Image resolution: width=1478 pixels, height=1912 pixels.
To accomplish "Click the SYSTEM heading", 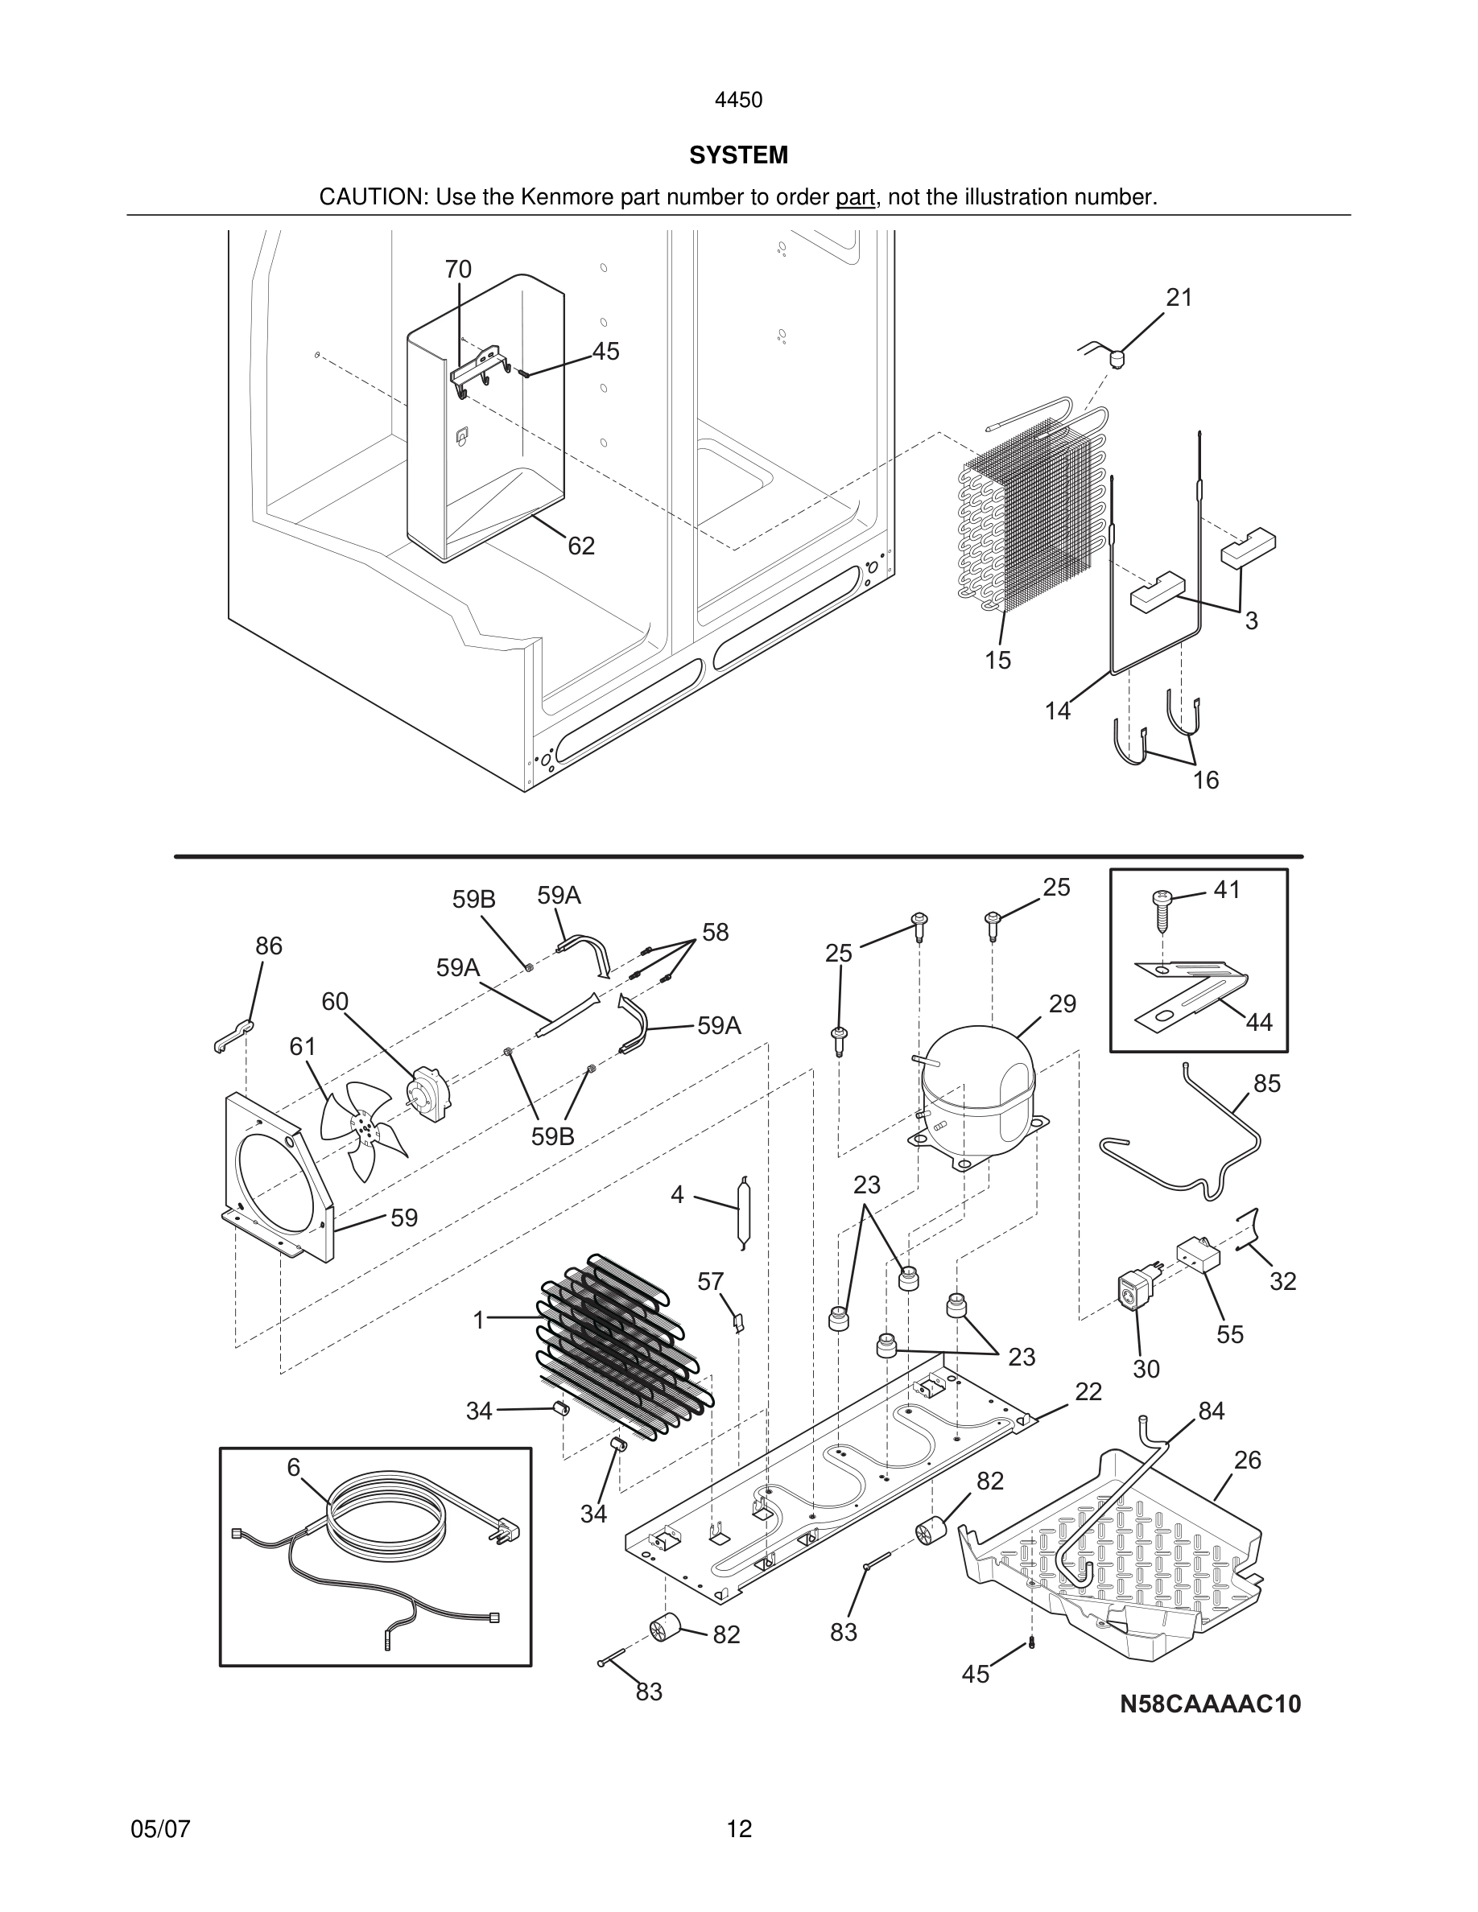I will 738,155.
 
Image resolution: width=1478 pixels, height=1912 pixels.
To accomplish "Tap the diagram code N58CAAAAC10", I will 1210,1704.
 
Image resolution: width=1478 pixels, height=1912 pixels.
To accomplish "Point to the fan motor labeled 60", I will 427,1093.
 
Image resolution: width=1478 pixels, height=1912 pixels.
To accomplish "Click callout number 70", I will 458,270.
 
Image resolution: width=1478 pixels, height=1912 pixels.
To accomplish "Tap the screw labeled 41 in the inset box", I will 1162,909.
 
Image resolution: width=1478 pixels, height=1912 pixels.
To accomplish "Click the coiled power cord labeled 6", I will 386,1524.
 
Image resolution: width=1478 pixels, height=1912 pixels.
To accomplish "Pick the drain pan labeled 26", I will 1112,1558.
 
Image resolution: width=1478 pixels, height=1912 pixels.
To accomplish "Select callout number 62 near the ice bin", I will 580,546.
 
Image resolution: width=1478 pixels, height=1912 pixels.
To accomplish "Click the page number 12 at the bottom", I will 738,1829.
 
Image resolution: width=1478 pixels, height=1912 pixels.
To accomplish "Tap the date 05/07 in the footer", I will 160,1829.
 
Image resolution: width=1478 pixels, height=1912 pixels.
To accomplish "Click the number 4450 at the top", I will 738,101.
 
